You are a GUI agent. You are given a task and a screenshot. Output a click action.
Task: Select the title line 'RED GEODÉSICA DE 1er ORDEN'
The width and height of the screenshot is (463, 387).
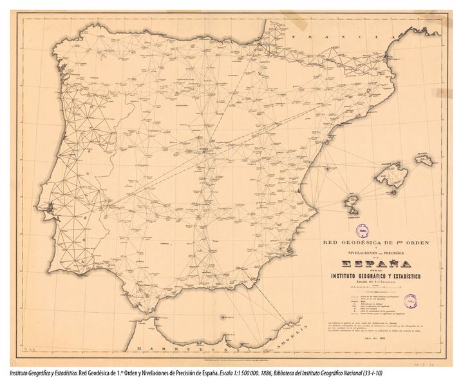[371, 243]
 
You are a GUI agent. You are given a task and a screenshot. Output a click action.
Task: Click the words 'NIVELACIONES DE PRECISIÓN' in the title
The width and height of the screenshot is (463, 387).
[371, 253]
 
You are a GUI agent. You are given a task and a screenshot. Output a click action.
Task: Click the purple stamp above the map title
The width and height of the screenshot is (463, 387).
[363, 229]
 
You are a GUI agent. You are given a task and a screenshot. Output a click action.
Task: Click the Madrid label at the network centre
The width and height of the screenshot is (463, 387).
[206, 150]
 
